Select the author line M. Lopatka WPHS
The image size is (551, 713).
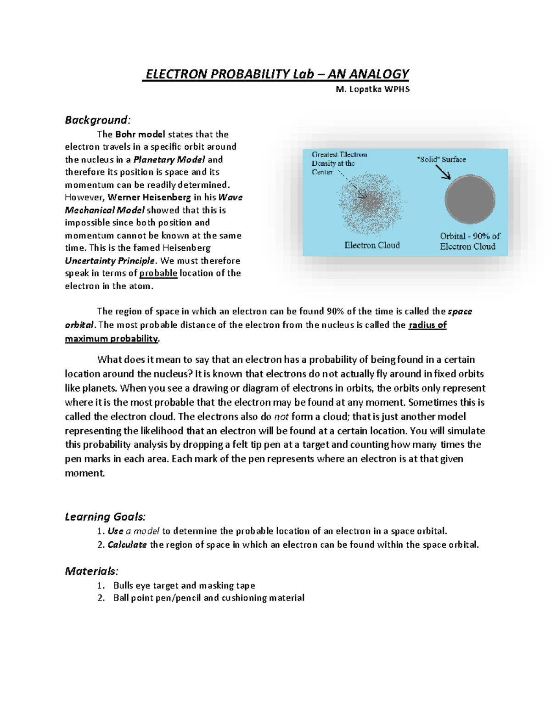point(372,89)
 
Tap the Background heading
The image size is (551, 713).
point(97,120)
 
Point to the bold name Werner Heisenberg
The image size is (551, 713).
point(149,197)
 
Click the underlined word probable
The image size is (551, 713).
point(158,273)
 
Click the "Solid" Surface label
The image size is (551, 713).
point(441,159)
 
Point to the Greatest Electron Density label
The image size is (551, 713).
point(339,163)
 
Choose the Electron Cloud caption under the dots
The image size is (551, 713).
point(372,245)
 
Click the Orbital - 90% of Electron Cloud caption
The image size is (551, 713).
point(470,241)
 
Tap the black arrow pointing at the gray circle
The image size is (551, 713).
point(443,172)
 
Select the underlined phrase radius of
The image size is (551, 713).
point(427,325)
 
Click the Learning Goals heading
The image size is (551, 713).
point(105,517)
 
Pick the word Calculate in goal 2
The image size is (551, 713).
point(127,545)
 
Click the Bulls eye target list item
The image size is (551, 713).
point(184,585)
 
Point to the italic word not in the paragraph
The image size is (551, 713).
point(281,417)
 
